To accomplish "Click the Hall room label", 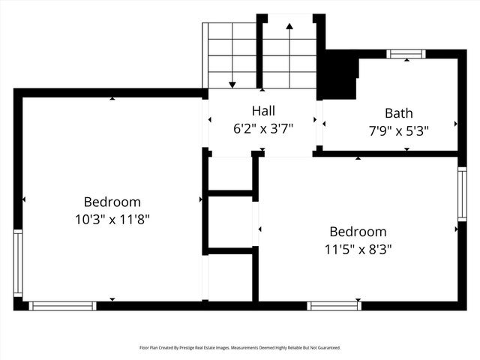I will tap(262, 111).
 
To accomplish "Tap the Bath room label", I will tap(398, 113).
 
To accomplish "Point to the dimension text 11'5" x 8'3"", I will tap(358, 248).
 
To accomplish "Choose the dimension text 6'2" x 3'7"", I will tap(262, 128).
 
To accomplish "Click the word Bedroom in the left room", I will tap(112, 202).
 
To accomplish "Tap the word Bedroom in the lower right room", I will tap(358, 232).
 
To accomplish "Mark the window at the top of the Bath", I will tap(406, 54).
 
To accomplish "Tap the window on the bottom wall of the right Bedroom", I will tap(334, 305).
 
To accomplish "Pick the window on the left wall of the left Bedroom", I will tap(18, 262).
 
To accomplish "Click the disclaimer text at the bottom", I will tap(240, 348).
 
